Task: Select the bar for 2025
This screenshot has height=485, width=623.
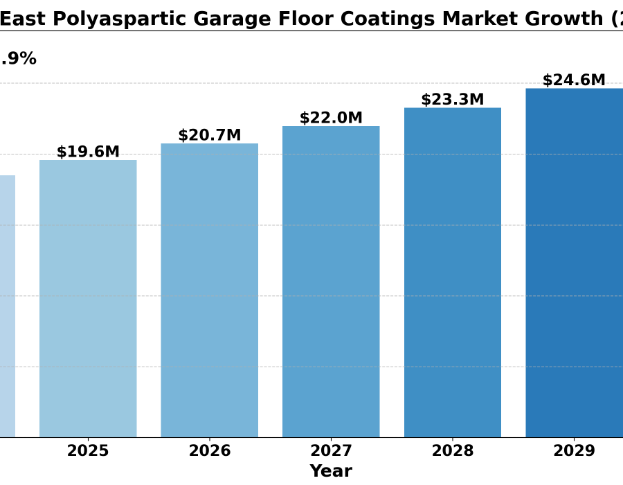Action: click(x=88, y=298)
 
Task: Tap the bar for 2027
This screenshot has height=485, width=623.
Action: click(x=331, y=281)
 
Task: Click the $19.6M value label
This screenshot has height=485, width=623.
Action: click(x=88, y=152)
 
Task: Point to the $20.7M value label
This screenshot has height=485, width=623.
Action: click(x=210, y=135)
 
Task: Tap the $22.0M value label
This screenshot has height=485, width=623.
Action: click(x=331, y=118)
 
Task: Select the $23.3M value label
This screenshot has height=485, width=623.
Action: click(x=453, y=99)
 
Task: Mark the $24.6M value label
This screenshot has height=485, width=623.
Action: click(x=574, y=80)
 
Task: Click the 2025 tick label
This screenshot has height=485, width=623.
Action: click(x=88, y=451)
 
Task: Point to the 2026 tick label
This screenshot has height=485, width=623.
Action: click(x=210, y=451)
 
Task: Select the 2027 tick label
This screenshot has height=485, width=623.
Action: click(x=331, y=451)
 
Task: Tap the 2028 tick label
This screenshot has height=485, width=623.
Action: click(x=453, y=451)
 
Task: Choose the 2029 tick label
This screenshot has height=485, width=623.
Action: click(x=574, y=451)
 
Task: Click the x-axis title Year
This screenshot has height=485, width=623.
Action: click(x=331, y=471)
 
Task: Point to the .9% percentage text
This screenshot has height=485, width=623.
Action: click(x=18, y=59)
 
